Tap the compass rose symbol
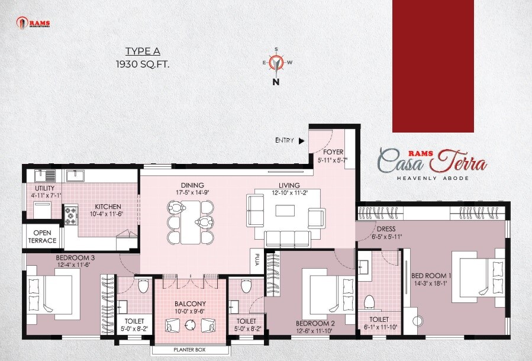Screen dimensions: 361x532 click(x=275, y=62)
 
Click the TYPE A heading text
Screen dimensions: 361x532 click(x=143, y=51)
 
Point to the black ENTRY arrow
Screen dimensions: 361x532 click(x=302, y=141)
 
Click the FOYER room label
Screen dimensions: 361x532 click(x=333, y=152)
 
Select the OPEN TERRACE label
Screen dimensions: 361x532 click(x=42, y=237)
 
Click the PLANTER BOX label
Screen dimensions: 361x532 click(x=190, y=350)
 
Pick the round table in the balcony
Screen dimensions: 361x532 click(x=190, y=324)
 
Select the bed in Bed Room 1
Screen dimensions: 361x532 click(x=476, y=278)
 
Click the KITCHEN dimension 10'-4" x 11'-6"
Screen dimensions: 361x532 click(x=106, y=214)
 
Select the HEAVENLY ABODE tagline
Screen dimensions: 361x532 click(x=432, y=178)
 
